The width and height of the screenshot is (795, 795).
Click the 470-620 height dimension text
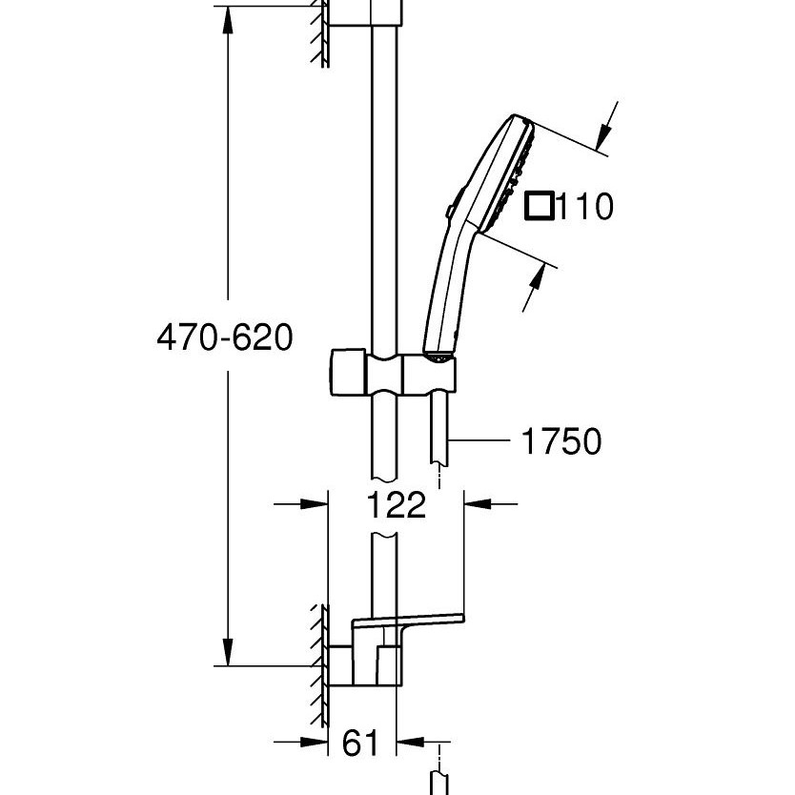pyautogui.click(x=225, y=337)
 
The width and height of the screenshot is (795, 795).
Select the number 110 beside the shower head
pyautogui.click(x=584, y=206)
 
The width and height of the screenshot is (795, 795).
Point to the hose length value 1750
pyautogui.click(x=561, y=441)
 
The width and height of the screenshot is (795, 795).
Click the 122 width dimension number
pyautogui.click(x=396, y=504)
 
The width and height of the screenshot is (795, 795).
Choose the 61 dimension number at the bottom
pyautogui.click(x=360, y=742)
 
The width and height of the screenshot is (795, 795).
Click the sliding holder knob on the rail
pyautogui.click(x=344, y=372)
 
